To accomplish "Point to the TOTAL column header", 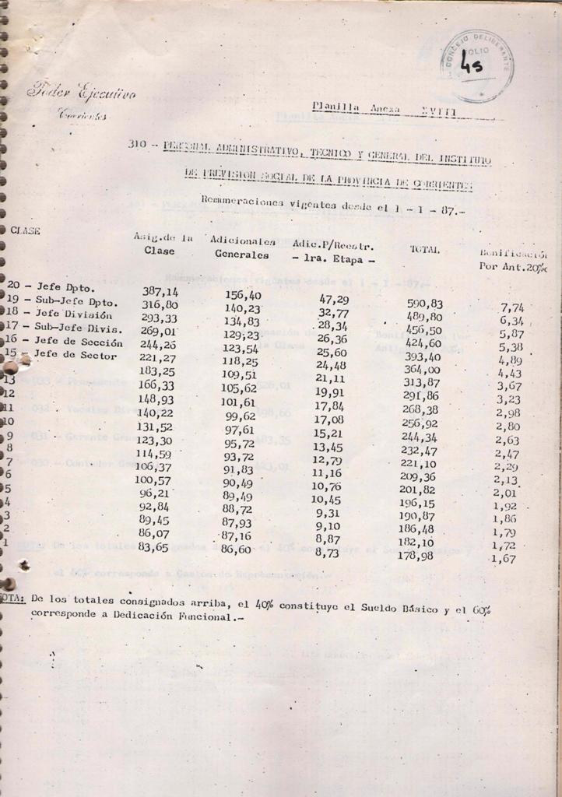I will click(x=425, y=249).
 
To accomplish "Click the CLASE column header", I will click(x=26, y=230).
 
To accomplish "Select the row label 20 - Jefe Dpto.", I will click(x=51, y=286).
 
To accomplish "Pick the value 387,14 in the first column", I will click(x=160, y=290).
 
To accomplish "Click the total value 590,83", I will click(x=425, y=303).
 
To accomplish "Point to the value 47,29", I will click(x=334, y=299).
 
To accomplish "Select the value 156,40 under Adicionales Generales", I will click(x=243, y=294).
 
